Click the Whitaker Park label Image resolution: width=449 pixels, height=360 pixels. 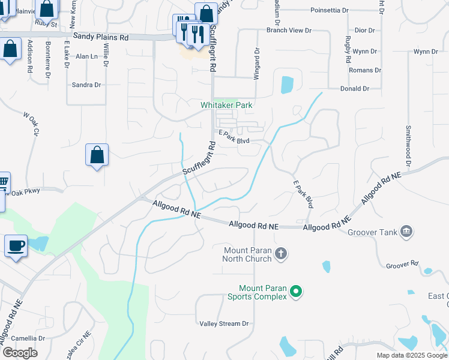click(226, 105)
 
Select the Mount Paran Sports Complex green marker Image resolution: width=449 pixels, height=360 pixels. click(295, 292)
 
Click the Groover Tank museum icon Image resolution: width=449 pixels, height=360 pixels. click(406, 232)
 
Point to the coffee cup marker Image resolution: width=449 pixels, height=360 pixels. click(16, 245)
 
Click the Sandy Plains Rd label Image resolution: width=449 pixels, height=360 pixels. click(101, 37)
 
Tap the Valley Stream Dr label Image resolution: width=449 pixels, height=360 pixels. click(224, 323)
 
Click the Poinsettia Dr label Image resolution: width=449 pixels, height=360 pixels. click(330, 11)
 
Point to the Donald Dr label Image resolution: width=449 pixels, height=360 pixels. click(354, 89)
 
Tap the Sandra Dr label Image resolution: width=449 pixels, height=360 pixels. click(86, 85)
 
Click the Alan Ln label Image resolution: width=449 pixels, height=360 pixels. click(86, 56)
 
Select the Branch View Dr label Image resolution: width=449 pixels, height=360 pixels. click(289, 29)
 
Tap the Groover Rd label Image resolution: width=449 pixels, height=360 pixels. click(402, 264)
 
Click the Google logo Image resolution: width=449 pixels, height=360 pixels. click(20, 353)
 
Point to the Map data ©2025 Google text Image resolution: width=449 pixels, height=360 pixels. click(412, 355)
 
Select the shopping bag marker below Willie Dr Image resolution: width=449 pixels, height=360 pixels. click(97, 156)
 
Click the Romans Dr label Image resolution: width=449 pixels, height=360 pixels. click(366, 70)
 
